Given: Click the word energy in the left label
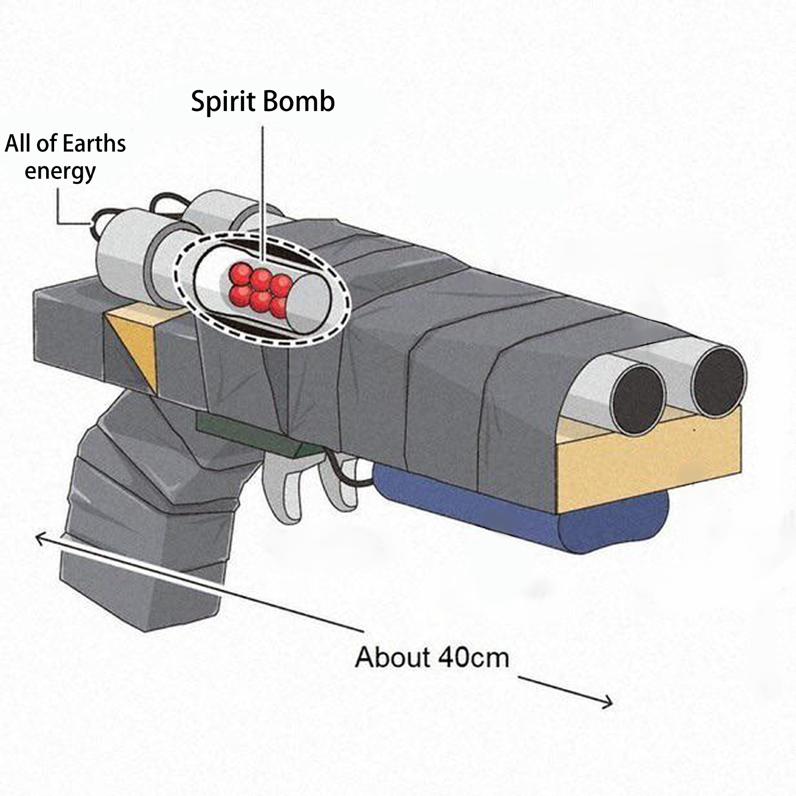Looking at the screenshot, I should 60,171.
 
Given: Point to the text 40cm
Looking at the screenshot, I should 473,657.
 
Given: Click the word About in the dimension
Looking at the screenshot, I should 392,657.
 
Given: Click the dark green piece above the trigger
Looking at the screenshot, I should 247,433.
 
